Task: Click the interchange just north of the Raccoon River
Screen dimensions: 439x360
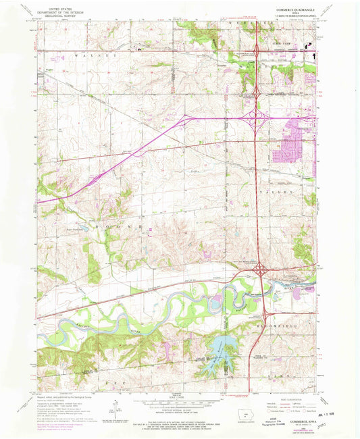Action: (259, 271)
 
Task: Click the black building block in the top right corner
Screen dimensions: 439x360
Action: (313, 47)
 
